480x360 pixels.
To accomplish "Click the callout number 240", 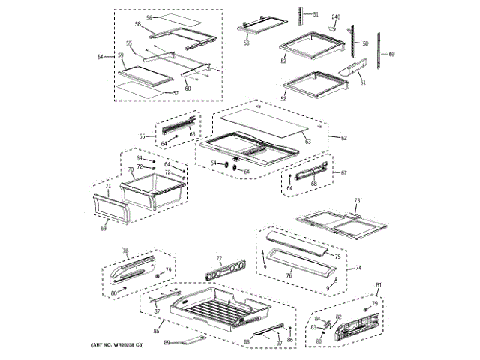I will (336, 16).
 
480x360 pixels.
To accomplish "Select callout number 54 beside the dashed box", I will (100, 57).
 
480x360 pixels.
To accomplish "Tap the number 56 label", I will (148, 17).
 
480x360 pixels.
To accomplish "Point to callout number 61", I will (363, 82).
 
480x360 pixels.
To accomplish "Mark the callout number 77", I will (220, 257).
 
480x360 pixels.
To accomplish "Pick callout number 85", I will (157, 331).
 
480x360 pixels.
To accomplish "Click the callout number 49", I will (391, 54).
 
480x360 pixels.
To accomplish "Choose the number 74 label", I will (358, 268).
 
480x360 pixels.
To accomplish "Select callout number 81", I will (379, 284).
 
